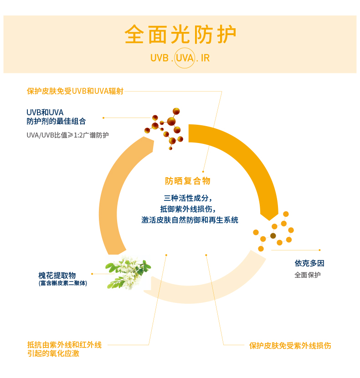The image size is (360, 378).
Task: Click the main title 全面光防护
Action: point(180,35)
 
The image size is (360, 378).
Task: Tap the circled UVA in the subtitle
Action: point(185,58)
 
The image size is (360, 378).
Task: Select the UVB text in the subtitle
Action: point(159,59)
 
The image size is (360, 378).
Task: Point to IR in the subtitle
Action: point(205,59)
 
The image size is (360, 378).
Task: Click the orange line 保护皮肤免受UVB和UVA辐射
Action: point(75,91)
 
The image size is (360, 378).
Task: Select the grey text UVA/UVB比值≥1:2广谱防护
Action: point(68,135)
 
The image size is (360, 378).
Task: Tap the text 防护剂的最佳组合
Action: point(56,122)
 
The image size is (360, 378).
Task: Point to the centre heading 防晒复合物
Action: point(188,181)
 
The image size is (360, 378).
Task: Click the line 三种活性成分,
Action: point(188,198)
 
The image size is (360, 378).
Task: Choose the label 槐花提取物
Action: point(57,275)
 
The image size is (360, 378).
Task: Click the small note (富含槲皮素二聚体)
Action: point(63,283)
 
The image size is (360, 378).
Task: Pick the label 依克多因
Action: point(309,263)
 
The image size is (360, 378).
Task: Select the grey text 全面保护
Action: point(308,275)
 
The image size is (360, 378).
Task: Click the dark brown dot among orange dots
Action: point(273,235)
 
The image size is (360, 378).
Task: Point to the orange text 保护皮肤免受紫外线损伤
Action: point(290,346)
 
